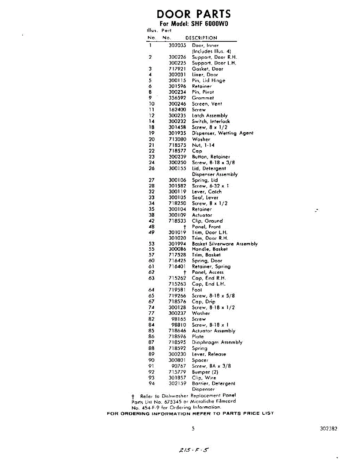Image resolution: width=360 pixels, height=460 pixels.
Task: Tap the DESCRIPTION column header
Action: click(x=201, y=38)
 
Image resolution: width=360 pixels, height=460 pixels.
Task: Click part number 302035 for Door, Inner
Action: click(x=177, y=45)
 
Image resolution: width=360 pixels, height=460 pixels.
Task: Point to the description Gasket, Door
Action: click(x=207, y=69)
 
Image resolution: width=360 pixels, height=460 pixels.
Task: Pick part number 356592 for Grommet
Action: click(x=177, y=98)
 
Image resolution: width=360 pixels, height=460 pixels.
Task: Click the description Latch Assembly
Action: click(x=209, y=115)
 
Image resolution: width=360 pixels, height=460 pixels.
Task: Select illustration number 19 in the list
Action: click(x=151, y=133)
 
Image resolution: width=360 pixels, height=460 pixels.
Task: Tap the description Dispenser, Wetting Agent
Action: click(x=223, y=133)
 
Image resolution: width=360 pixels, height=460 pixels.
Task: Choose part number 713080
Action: click(x=177, y=139)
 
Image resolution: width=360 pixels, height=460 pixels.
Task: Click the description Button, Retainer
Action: click(x=211, y=157)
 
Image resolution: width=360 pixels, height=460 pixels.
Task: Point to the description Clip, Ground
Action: click(x=207, y=221)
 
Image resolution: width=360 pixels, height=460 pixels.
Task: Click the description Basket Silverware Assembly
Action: click(x=224, y=244)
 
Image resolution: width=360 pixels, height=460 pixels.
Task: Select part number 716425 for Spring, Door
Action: click(x=177, y=261)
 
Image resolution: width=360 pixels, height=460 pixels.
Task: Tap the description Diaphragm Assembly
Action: click(x=217, y=342)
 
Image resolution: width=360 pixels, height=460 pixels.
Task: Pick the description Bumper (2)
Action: click(x=205, y=372)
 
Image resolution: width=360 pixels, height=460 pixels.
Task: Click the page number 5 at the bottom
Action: click(x=193, y=429)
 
